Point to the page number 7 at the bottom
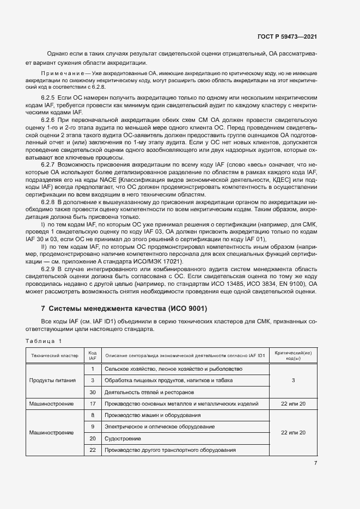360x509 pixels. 315,463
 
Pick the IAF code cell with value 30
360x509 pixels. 93,392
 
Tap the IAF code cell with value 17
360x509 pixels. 93,403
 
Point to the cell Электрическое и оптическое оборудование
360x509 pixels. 160,426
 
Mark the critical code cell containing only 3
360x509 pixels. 293,380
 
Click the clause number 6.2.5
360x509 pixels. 48,96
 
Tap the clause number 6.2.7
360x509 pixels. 48,164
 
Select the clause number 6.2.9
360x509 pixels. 48,269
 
